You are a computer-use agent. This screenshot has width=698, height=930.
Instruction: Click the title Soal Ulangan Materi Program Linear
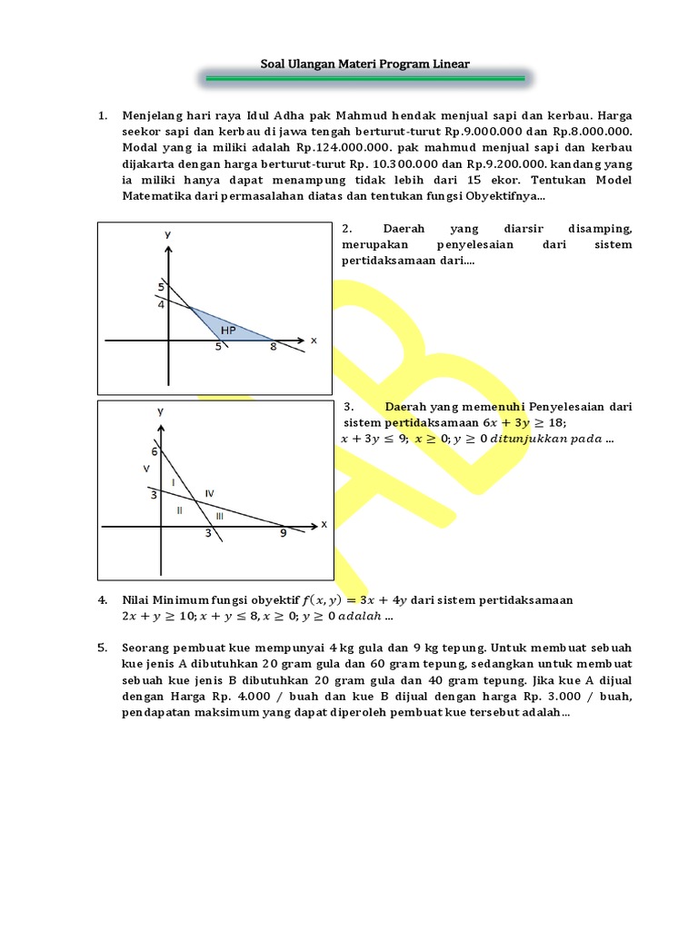[x=364, y=64]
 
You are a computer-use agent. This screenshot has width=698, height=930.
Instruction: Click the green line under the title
[x=364, y=80]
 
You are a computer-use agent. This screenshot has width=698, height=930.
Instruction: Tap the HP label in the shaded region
[x=228, y=331]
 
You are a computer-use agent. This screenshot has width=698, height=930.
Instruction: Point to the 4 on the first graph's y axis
[x=161, y=305]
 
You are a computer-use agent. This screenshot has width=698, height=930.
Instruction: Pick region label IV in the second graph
[x=209, y=493]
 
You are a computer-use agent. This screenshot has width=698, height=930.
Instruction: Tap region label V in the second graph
[x=146, y=469]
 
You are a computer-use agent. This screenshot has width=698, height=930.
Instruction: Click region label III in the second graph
[x=219, y=515]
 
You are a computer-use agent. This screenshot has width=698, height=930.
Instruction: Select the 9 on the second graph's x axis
[x=283, y=534]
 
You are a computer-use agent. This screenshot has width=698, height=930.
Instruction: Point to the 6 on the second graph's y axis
[x=155, y=451]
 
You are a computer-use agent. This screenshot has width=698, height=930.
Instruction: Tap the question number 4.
[x=103, y=600]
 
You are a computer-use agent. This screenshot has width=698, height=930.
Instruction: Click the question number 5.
[x=103, y=648]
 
